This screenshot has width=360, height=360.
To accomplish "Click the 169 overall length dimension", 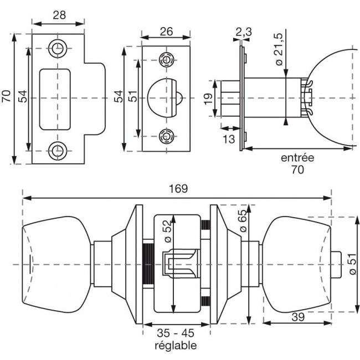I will [178, 188].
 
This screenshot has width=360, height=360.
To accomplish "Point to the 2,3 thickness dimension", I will [243, 32].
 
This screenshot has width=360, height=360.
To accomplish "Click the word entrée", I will [297, 158].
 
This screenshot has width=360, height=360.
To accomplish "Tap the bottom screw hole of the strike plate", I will [57, 149].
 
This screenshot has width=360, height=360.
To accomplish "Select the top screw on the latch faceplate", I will [165, 59].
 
